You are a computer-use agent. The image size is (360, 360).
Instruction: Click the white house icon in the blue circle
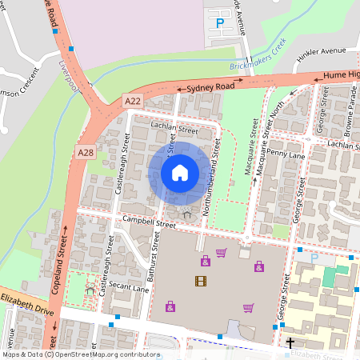coord(180,172)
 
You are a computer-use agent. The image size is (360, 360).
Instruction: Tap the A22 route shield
coord(133,101)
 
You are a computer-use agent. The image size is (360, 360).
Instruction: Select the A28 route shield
coord(86,152)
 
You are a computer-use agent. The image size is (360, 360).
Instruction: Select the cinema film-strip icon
coord(200,281)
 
